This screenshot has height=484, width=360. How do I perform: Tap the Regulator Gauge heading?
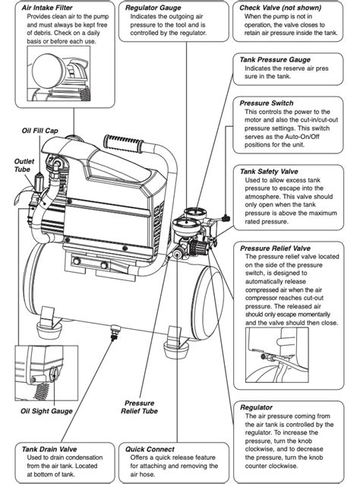coord(153,8)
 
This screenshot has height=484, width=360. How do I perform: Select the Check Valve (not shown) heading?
coord(280,8)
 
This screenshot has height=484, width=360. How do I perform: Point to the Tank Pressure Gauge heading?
coord(275,59)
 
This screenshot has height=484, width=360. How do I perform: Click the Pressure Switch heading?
coord(267,103)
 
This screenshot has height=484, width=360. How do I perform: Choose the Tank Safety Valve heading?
coord(269,171)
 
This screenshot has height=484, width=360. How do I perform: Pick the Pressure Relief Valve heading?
coord(275,248)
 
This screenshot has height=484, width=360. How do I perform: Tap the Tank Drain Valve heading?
coord(49,449)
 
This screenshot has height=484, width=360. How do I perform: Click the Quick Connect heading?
coord(150,449)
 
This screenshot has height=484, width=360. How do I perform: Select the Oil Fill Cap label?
coord(39,131)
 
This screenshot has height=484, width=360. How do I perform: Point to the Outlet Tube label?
coord(24,165)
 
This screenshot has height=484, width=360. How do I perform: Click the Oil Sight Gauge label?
coord(46,411)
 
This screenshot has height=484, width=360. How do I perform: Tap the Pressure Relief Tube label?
coord(139,407)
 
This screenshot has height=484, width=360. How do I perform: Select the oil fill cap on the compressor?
coord(40,179)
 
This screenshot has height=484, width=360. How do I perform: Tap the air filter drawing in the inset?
coord(48,71)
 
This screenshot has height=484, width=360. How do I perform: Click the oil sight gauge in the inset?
coord(54,374)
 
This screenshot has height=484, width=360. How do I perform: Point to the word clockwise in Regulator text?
coord(260,449)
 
